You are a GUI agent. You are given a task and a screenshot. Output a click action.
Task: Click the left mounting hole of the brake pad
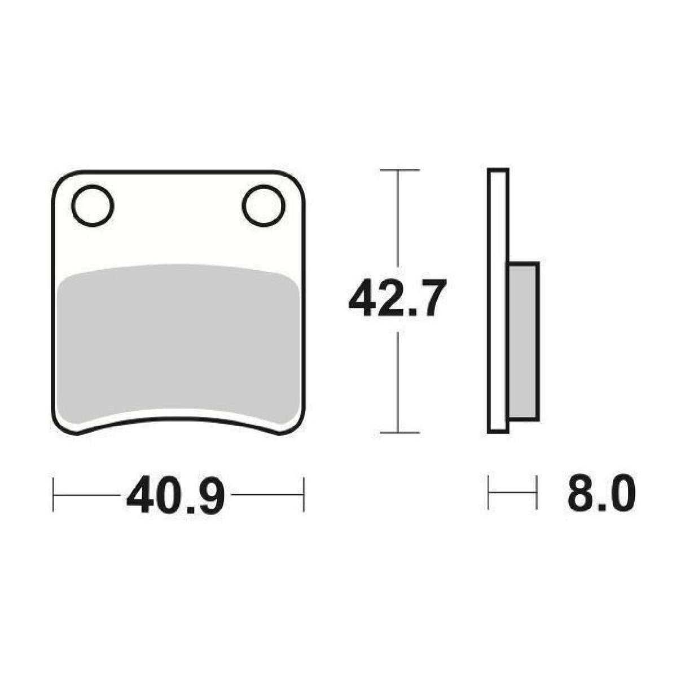pyautogui.click(x=93, y=205)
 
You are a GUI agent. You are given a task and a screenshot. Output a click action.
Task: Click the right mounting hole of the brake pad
pyautogui.click(x=263, y=205)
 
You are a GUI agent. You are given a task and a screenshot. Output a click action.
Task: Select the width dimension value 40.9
pyautogui.click(x=175, y=495)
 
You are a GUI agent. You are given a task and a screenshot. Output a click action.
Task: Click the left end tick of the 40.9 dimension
pyautogui.click(x=53, y=495)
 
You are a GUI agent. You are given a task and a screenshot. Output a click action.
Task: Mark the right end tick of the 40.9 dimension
pyautogui.click(x=304, y=495)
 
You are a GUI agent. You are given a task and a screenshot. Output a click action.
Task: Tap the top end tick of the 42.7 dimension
pyautogui.click(x=399, y=169)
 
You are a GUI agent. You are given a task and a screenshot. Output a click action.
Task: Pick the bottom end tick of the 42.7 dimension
pyautogui.click(x=399, y=433)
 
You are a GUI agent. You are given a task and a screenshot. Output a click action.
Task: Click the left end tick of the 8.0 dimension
pyautogui.click(x=489, y=493)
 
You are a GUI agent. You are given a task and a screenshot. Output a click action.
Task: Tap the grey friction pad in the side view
pyautogui.click(x=524, y=341)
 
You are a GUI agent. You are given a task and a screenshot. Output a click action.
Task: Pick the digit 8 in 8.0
pyautogui.click(x=578, y=493)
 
